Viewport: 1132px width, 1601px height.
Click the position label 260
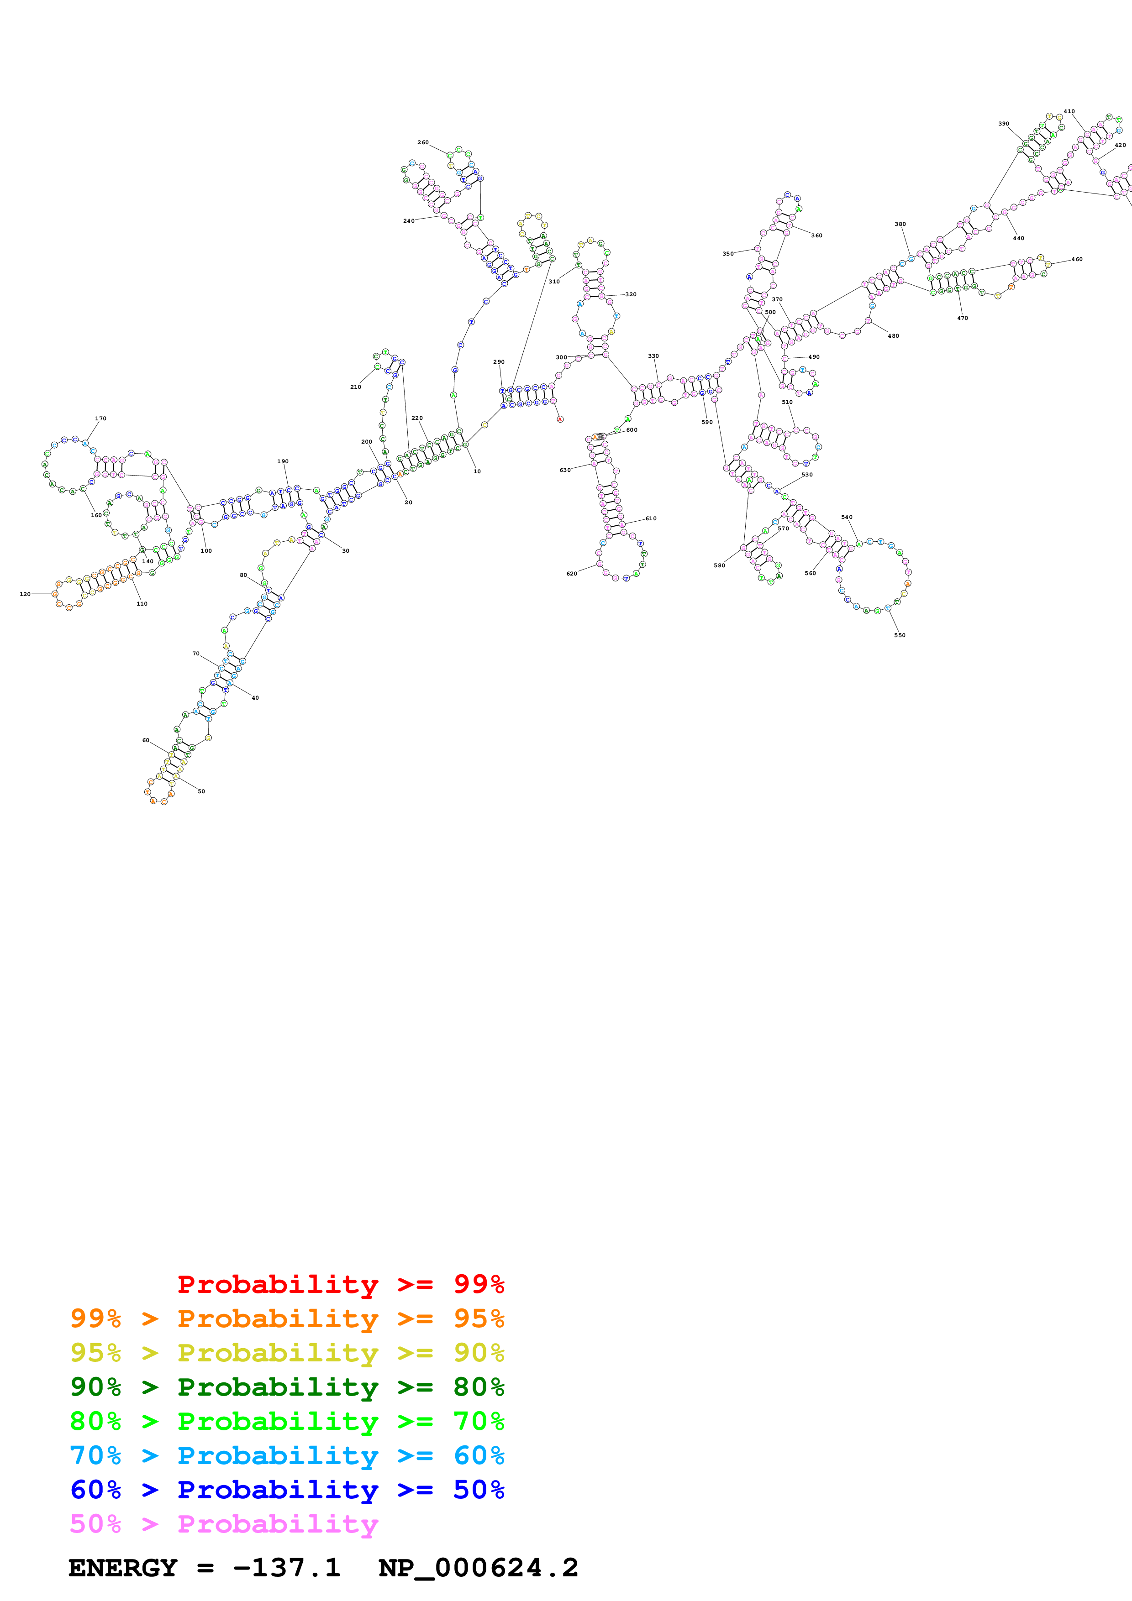pyautogui.click(x=423, y=142)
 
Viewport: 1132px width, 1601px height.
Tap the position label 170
pyautogui.click(x=100, y=419)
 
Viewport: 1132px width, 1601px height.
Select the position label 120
pyautogui.click(x=25, y=594)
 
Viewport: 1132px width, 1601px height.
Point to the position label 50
pyautogui.click(x=201, y=791)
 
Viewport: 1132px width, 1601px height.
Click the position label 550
pyautogui.click(x=900, y=635)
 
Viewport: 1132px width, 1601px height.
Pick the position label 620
pyautogui.click(x=571, y=574)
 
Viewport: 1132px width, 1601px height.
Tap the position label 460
pyautogui.click(x=1077, y=259)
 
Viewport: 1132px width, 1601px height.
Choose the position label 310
pyautogui.click(x=554, y=282)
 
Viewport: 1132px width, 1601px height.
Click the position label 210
pyautogui.click(x=356, y=387)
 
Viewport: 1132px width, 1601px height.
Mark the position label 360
pyautogui.click(x=817, y=235)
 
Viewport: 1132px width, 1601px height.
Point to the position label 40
pyautogui.click(x=255, y=698)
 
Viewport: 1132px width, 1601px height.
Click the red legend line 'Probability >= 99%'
pyautogui.click(x=340, y=1284)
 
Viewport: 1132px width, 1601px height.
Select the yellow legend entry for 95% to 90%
pyautogui.click(x=287, y=1352)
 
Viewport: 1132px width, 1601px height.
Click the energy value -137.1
pyautogui.click(x=287, y=1568)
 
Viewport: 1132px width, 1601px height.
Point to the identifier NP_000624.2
pyautogui.click(x=478, y=1568)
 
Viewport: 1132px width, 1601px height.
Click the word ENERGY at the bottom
pyautogui.click(x=123, y=1568)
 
